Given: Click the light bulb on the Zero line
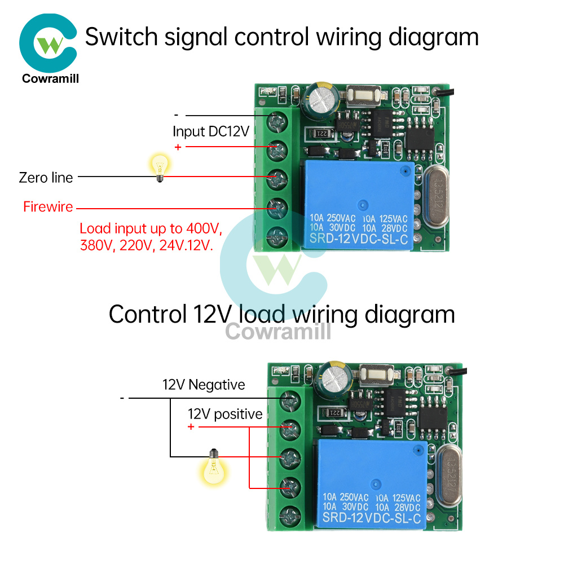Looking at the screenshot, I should pyautogui.click(x=158, y=168).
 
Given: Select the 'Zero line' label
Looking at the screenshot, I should pyautogui.click(x=46, y=178).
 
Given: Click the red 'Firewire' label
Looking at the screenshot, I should pyautogui.click(x=48, y=207).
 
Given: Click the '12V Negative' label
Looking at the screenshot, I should pyautogui.click(x=204, y=385).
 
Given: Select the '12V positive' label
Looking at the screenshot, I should pyautogui.click(x=225, y=415).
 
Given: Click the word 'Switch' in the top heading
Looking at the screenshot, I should pyautogui.click(x=120, y=37).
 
